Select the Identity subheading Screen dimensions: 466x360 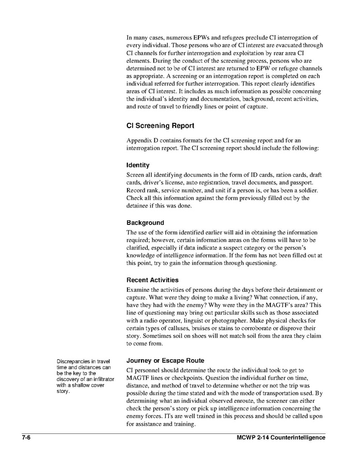(138, 165)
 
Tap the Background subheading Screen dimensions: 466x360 (145, 222)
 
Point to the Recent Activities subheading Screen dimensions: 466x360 (152, 280)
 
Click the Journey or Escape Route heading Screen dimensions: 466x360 (165, 360)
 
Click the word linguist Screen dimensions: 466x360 (200, 322)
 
